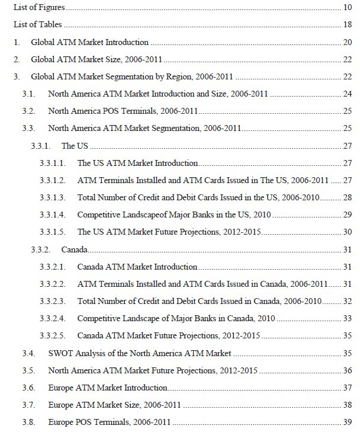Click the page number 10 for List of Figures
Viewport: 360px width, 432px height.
pos(348,8)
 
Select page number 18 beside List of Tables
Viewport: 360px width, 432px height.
pos(348,25)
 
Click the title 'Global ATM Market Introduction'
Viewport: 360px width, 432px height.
pos(89,43)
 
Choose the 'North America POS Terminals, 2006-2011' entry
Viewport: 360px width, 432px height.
pos(123,111)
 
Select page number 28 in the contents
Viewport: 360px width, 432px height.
pos(348,197)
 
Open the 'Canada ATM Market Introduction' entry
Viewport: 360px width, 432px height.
pos(137,267)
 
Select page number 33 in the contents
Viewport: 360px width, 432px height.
pos(348,319)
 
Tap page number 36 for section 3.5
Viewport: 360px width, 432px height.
pos(348,371)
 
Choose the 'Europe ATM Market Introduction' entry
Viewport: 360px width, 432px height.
pos(107,388)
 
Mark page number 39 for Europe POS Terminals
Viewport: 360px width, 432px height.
pos(348,423)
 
